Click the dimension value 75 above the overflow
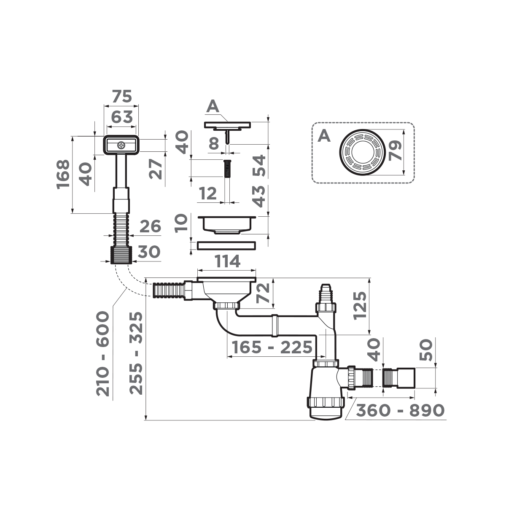(x=122, y=97)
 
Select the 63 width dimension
(x=122, y=117)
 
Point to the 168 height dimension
(x=63, y=175)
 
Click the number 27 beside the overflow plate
(x=156, y=169)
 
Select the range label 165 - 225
(x=272, y=348)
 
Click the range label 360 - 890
(x=400, y=410)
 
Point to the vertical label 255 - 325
(x=136, y=353)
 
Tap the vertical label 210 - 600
(x=103, y=353)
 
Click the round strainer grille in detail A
(x=362, y=151)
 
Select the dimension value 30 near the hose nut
(x=148, y=252)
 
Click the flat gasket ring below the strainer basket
(x=226, y=245)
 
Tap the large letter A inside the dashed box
(x=323, y=135)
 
